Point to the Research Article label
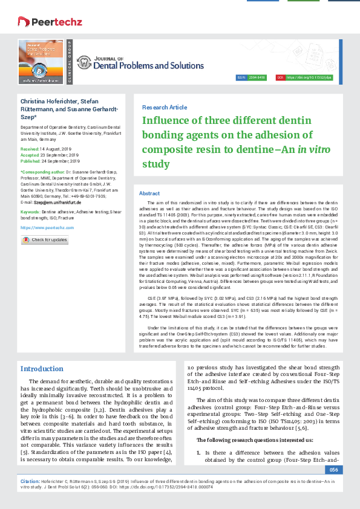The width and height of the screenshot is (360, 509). click(164, 107)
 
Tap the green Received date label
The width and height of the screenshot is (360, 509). click(30, 148)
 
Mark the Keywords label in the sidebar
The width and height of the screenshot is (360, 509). click(30, 213)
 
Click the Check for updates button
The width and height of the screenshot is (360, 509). click(45, 240)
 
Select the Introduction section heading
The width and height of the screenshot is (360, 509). click(42, 369)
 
